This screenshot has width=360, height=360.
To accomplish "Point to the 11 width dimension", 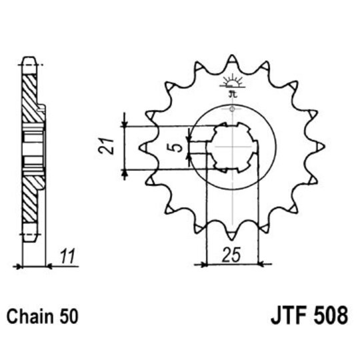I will point(66,255).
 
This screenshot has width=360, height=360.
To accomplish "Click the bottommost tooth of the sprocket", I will point(231,234).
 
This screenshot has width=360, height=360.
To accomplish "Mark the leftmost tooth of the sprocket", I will point(143,146).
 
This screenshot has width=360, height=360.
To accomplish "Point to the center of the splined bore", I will point(231,147).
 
